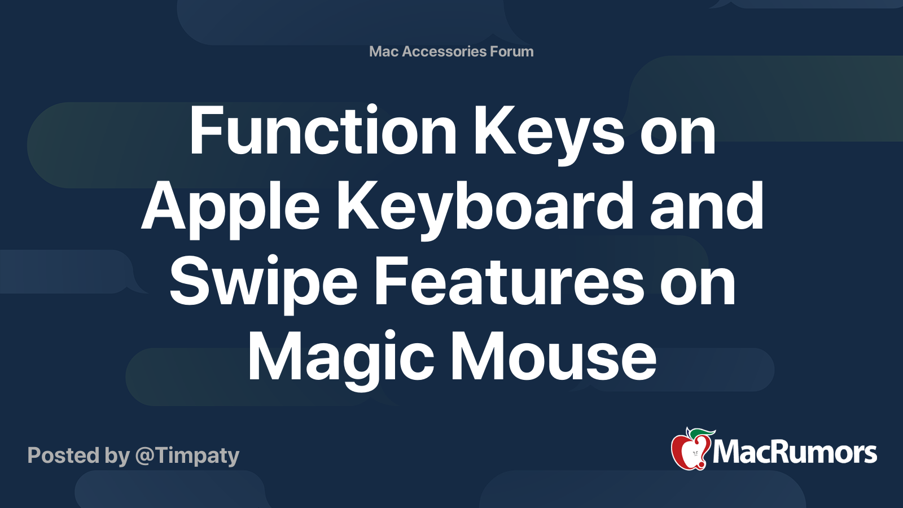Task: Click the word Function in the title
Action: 322,132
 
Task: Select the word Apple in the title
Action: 230,208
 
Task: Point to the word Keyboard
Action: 485,208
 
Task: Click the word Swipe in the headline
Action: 263,282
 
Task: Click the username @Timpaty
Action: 187,455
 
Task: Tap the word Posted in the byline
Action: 64,455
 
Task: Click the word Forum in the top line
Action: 512,51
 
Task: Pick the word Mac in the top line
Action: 384,51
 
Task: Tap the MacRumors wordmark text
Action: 795,453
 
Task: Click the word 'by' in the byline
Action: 117,456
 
